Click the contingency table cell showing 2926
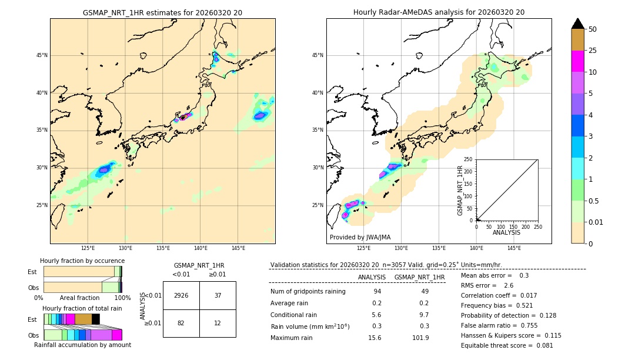[181, 295]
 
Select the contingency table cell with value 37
[218, 295]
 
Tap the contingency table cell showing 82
[181, 324]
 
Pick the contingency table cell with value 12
[218, 324]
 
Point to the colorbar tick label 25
[593, 51]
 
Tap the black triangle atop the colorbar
[578, 24]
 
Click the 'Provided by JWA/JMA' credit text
[360, 237]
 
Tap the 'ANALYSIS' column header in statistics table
[372, 277]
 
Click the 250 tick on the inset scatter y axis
[468, 159]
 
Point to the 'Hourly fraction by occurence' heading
[82, 261]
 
